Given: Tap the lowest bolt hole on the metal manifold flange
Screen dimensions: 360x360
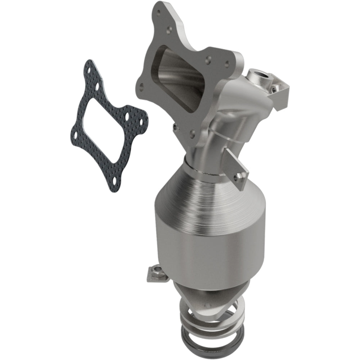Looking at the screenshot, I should [193, 134].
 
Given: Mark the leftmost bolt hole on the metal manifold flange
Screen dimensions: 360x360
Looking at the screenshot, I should [141, 86].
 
